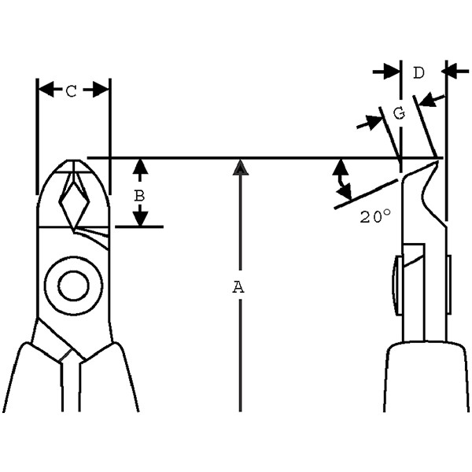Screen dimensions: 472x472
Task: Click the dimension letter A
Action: (238, 287)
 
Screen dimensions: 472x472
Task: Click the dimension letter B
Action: (139, 196)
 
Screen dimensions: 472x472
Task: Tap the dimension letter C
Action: (72, 91)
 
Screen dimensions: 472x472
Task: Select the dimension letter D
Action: (419, 73)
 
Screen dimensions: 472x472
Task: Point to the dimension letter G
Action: (399, 113)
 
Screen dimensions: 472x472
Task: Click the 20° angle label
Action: (375, 216)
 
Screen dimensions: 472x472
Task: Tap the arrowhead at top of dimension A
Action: (240, 168)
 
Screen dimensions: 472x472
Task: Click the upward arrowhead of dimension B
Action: (140, 167)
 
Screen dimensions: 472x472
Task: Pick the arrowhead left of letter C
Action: (46, 90)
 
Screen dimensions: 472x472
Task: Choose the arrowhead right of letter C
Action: (101, 90)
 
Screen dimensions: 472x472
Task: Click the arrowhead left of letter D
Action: (392, 72)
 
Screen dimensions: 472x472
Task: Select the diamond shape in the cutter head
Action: (75, 205)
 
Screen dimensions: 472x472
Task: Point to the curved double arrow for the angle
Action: (341, 182)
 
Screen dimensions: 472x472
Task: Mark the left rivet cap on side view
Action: (396, 286)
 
